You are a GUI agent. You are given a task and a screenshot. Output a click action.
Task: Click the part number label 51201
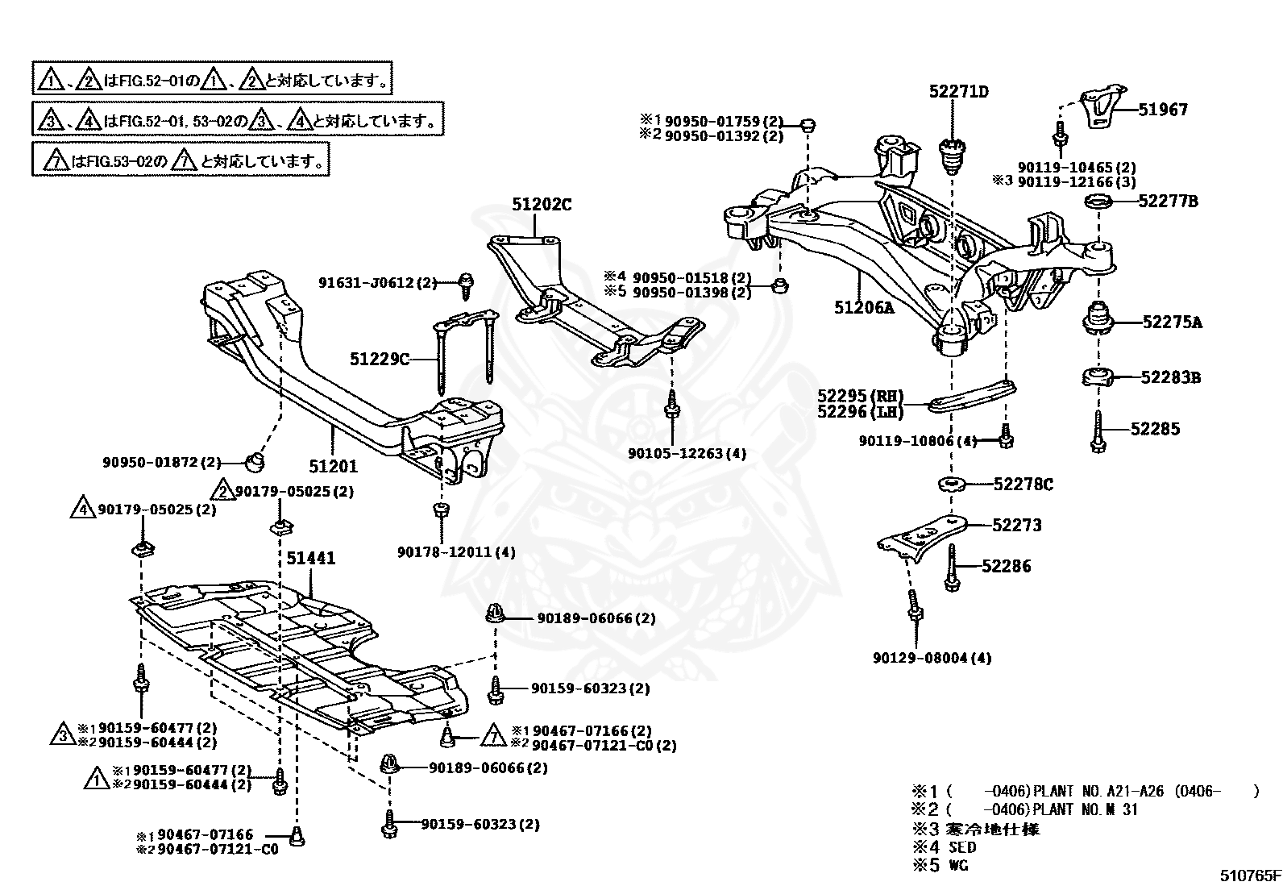coord(334,466)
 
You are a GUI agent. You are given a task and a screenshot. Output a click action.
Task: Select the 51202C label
coord(542,205)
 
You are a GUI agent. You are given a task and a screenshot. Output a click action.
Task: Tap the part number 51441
coord(311,558)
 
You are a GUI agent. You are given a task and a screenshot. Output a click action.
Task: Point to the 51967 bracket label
coord(1163,110)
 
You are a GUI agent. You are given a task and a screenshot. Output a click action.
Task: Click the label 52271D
coord(959,92)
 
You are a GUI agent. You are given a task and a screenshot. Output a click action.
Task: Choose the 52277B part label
coord(1168,202)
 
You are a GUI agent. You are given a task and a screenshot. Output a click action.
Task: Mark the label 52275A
coord(1173,322)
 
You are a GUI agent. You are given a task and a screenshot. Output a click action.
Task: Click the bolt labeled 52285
coord(1098,432)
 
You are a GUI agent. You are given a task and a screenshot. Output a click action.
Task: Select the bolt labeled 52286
coord(951,568)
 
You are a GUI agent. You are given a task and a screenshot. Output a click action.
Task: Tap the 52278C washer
coord(951,485)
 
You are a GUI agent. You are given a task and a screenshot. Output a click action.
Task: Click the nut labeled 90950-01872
coord(255,461)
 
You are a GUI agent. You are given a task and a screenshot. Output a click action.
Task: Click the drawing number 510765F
coord(1250,876)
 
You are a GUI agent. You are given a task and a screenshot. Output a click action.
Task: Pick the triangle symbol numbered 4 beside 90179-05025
coord(83,507)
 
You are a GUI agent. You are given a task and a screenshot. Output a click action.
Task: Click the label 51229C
coord(380,360)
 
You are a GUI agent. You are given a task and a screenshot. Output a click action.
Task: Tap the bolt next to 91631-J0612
coord(467,286)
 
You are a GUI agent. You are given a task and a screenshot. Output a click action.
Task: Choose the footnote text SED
coord(962,847)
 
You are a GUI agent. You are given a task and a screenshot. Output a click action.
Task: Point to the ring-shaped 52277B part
coord(1098,202)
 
